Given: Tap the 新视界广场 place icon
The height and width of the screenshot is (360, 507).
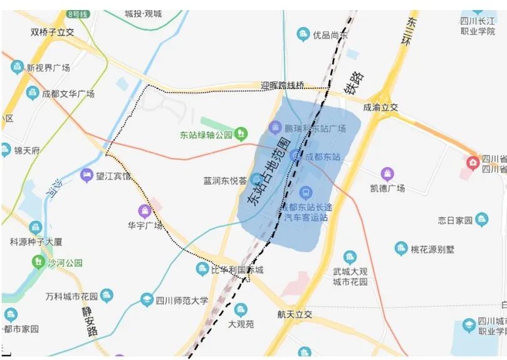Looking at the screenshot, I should pyautogui.click(x=17, y=68).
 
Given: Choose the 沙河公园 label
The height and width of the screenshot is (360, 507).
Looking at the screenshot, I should pyautogui.click(x=65, y=263).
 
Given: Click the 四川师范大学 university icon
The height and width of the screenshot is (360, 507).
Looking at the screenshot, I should pyautogui.click(x=147, y=300).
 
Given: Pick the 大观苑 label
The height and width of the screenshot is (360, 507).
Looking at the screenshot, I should pyautogui.click(x=241, y=324).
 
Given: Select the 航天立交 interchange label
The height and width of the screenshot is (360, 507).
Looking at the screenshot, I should pyautogui.click(x=294, y=314).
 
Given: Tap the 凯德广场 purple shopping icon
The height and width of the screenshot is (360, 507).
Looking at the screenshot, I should pyautogui.click(x=387, y=173).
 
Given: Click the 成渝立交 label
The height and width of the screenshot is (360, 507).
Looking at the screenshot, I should pyautogui.click(x=380, y=107).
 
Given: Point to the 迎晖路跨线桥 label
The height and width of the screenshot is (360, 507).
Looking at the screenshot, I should pyautogui.click(x=283, y=85).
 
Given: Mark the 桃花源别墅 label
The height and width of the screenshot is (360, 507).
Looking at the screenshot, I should pyautogui.click(x=432, y=249).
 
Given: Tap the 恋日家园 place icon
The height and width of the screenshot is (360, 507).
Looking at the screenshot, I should pyautogui.click(x=481, y=219).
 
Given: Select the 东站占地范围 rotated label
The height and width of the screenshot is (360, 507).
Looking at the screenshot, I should pyautogui.click(x=271, y=170).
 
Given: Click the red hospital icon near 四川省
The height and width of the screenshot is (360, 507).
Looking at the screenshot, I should pyautogui.click(x=472, y=163).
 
